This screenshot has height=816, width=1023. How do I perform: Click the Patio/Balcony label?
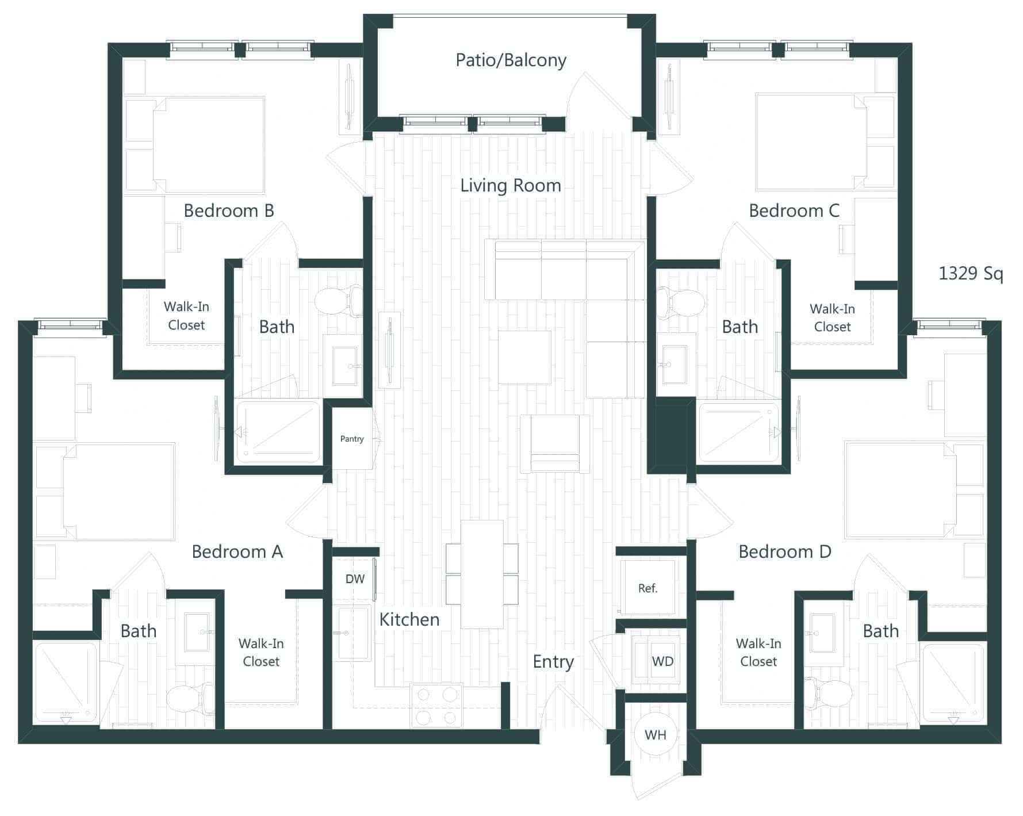point(511,60)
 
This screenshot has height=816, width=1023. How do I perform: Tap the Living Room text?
point(511,185)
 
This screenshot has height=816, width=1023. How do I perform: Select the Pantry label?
point(352,439)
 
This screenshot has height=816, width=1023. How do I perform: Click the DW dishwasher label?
point(355,579)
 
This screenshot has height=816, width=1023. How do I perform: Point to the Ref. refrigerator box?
point(648,588)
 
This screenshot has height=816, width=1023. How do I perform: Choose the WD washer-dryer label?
point(662,661)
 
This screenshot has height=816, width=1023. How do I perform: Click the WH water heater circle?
point(656,734)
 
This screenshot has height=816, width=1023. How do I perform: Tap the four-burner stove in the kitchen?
point(437,706)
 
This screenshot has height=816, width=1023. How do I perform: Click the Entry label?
point(553,661)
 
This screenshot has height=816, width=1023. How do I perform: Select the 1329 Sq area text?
point(971,273)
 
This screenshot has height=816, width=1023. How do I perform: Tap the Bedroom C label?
point(794,210)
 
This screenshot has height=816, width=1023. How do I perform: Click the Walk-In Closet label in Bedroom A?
point(261,652)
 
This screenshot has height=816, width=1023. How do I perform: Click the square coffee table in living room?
point(524,357)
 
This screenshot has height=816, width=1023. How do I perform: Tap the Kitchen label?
point(409,619)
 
